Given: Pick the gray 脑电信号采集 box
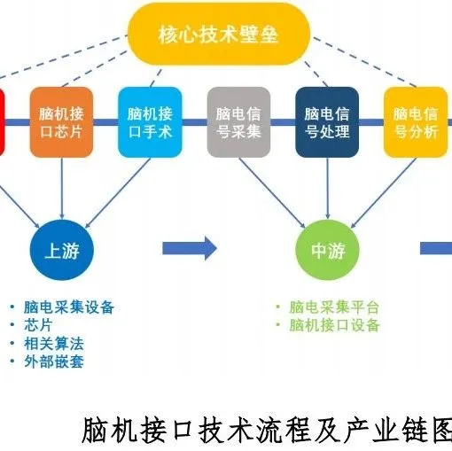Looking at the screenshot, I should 238,122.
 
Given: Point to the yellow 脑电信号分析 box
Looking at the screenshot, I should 415,122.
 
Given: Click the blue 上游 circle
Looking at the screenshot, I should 60,251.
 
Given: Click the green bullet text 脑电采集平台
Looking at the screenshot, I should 333,307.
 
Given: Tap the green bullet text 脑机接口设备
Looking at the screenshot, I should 333,325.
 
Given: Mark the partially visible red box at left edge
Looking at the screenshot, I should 3,122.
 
